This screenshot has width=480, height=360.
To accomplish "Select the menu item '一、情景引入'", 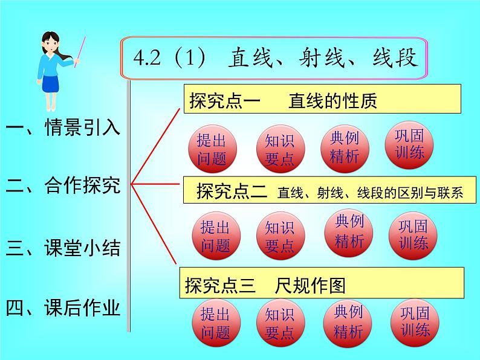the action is [63, 128].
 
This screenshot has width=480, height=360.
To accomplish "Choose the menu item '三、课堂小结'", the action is [63, 248].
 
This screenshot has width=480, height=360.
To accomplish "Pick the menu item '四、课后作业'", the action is [63, 309].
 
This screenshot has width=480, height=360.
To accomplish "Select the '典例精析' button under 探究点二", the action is [349, 232].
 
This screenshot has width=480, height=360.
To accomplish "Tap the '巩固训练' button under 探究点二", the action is [414, 234].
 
